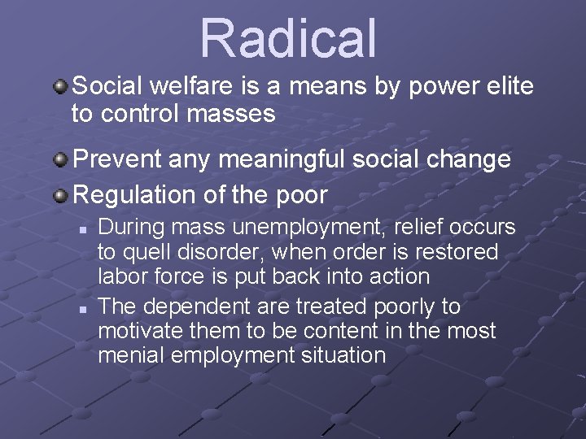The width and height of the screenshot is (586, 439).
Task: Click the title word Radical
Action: pos(289,37)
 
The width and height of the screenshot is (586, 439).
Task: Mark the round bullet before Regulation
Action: pos(61,194)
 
